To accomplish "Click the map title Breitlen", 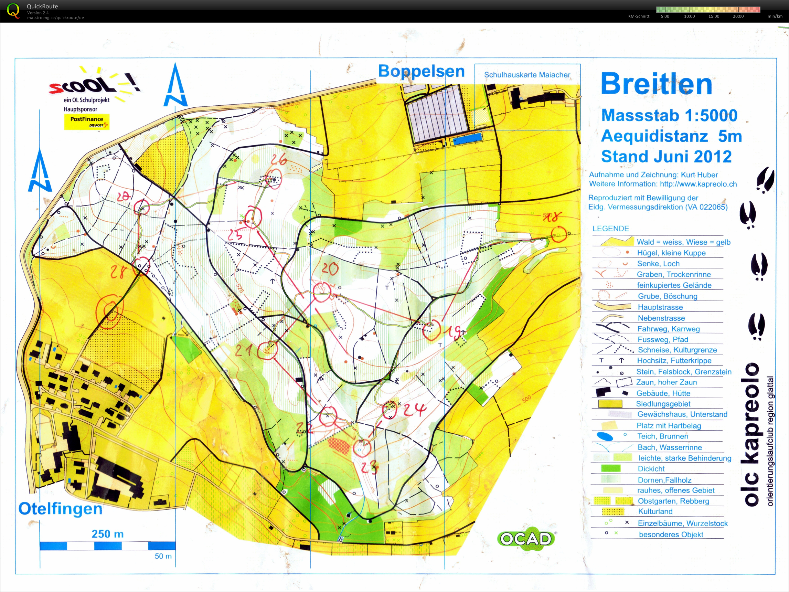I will (656, 84).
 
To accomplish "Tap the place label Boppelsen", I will (421, 71).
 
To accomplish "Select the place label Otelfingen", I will (60, 509).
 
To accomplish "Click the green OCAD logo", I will (526, 539).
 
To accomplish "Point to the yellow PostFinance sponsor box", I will (87, 122).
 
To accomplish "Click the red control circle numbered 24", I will (390, 411).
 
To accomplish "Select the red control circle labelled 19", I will (431, 330).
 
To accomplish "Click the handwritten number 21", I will (244, 351).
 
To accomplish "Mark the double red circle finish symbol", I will (111, 311).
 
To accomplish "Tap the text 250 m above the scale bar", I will (107, 534).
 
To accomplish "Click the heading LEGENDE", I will (611, 229).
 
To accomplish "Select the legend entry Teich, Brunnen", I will (663, 436).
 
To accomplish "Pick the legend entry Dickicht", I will (651, 468).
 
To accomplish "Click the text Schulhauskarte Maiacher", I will (527, 75).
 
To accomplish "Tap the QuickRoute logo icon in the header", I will (13, 11).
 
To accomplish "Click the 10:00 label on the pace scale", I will (689, 17).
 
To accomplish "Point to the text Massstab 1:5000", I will (669, 115).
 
